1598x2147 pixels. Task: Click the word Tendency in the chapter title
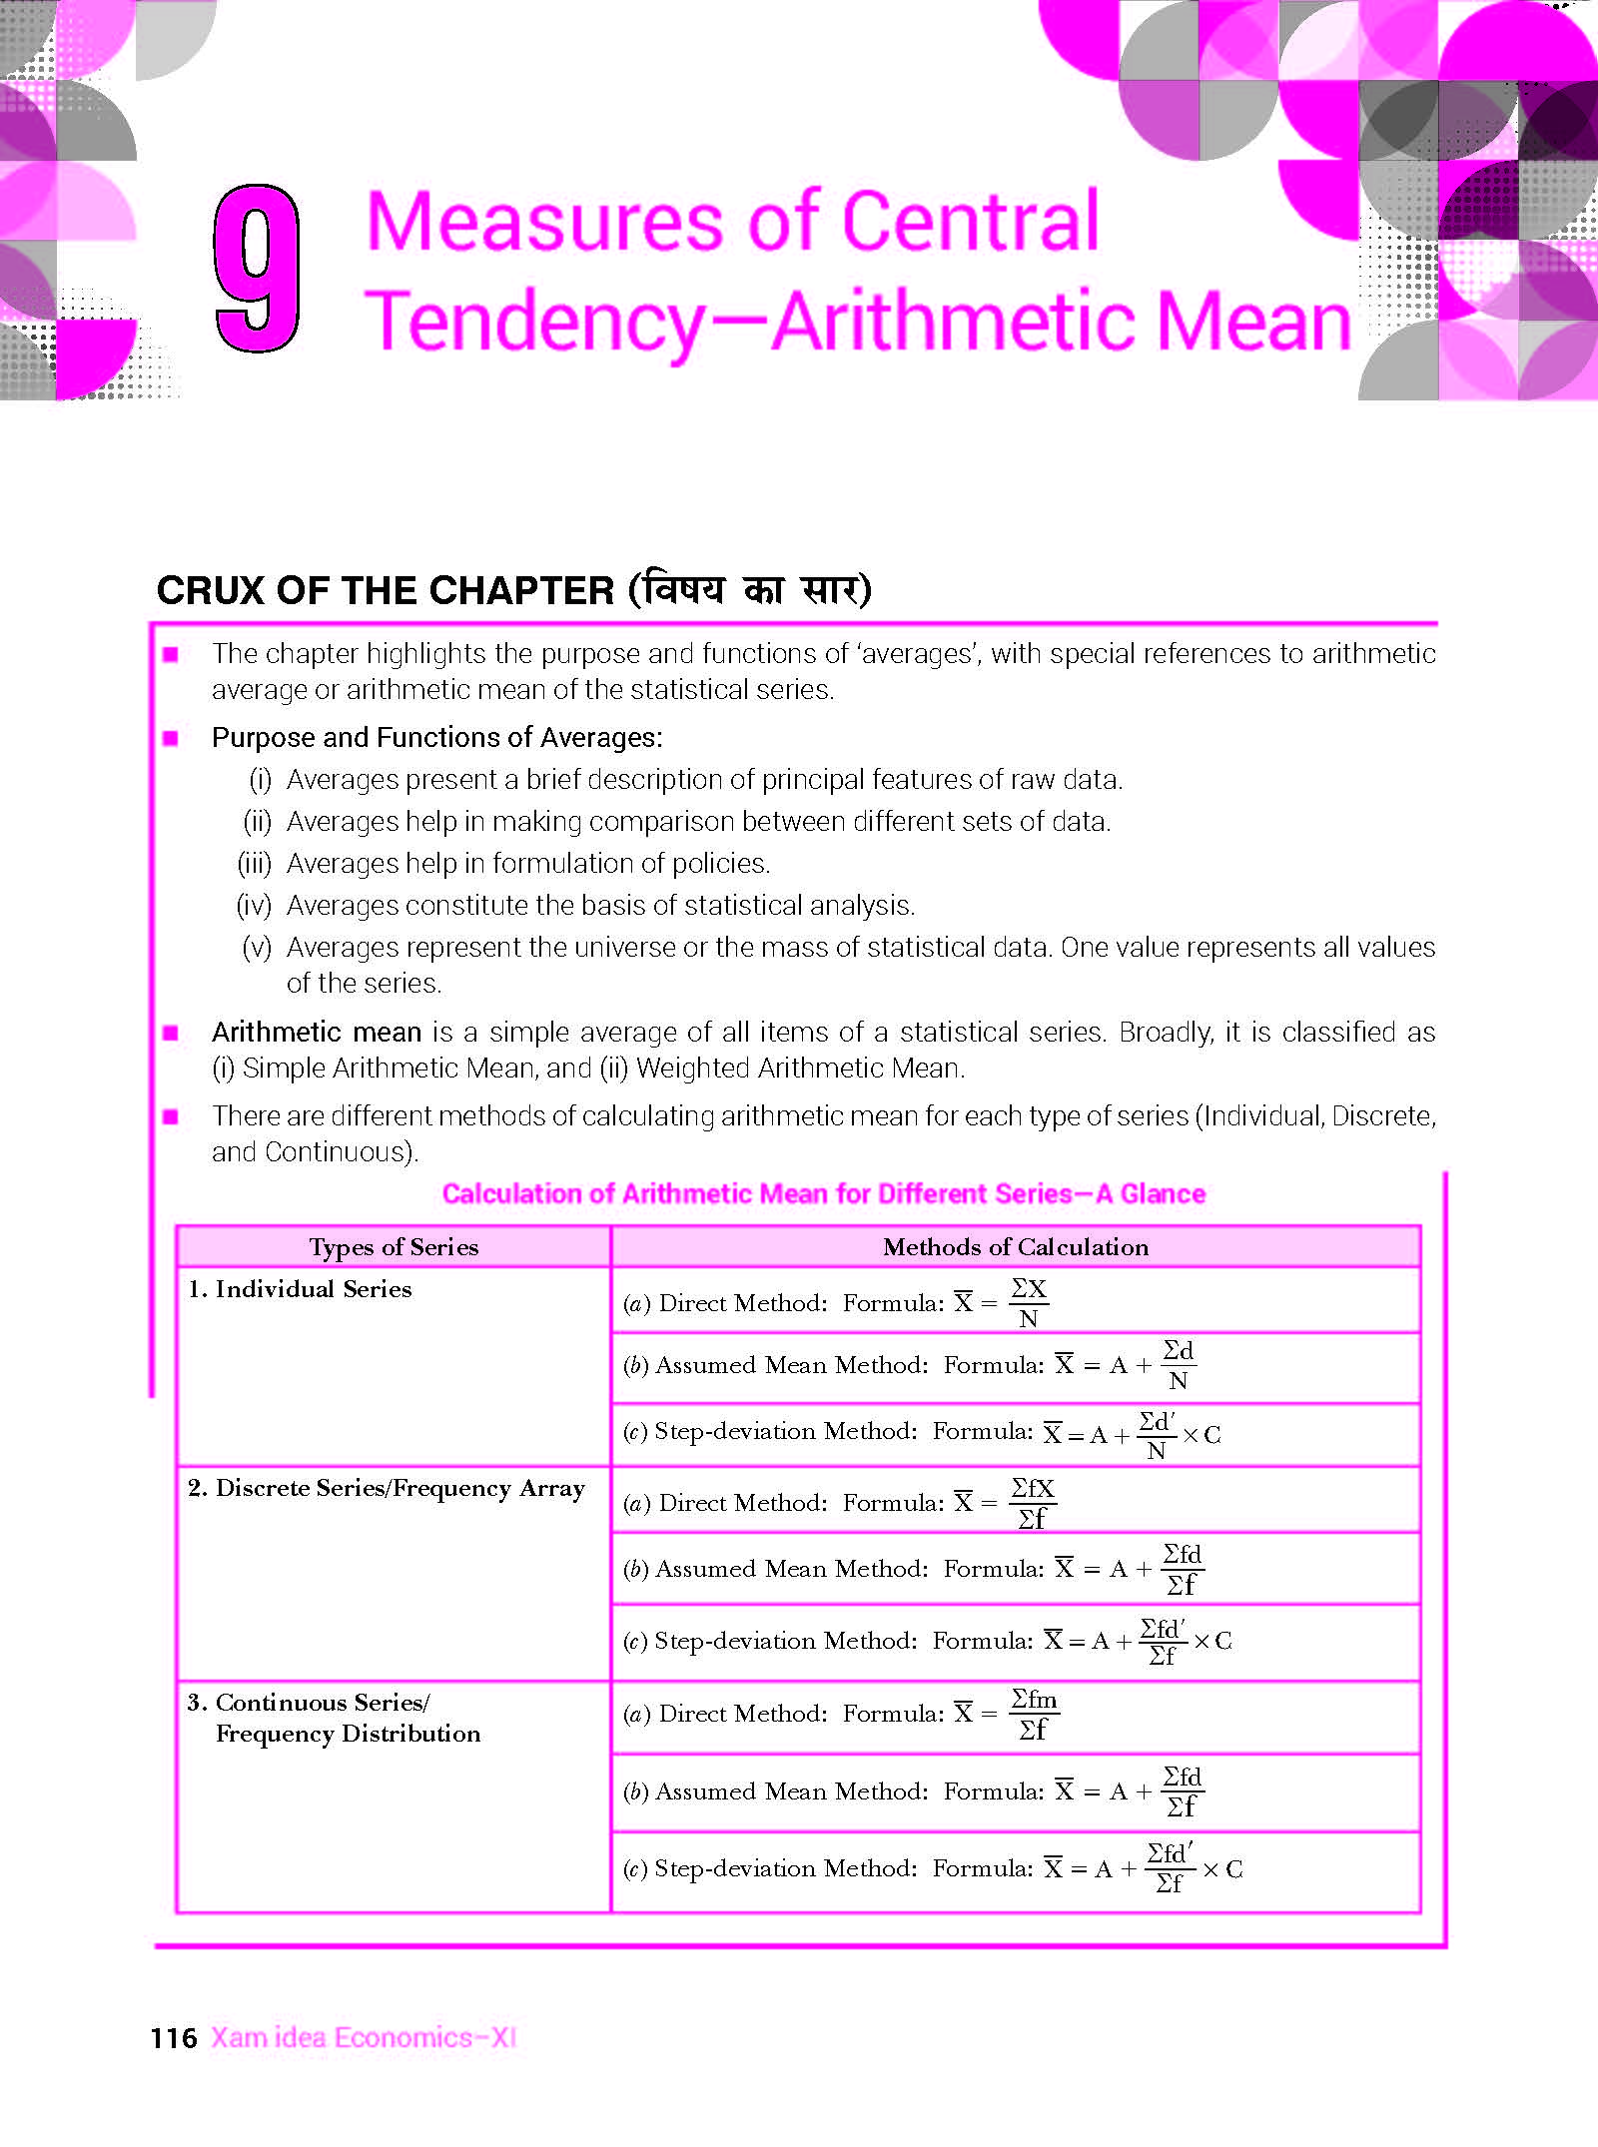(x=534, y=322)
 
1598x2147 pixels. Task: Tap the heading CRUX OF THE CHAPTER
(x=385, y=590)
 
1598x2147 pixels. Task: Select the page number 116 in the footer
(x=174, y=2038)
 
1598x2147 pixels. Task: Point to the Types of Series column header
(x=394, y=1246)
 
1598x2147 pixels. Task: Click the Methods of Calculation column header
(x=1016, y=1246)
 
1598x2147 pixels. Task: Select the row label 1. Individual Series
(x=300, y=1289)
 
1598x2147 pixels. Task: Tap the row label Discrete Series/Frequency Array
(x=399, y=1488)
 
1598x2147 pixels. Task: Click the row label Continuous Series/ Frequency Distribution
(x=335, y=1718)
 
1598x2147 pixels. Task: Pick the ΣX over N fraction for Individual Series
(x=1028, y=1303)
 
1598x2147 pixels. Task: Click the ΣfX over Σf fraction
(x=1032, y=1503)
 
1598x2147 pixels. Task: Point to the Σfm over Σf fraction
(x=1034, y=1714)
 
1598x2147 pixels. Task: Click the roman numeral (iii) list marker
(x=254, y=863)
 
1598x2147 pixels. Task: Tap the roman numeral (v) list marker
(x=257, y=947)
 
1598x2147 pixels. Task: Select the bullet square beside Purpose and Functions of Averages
(x=171, y=738)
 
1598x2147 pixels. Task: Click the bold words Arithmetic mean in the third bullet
(x=317, y=1032)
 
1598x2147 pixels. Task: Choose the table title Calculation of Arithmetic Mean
(x=824, y=1193)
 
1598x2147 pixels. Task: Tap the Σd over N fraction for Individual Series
(x=1179, y=1365)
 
